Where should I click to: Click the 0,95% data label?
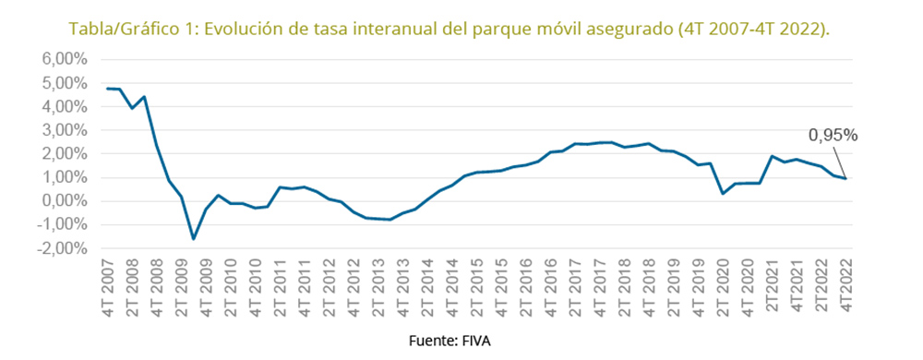pyautogui.click(x=833, y=136)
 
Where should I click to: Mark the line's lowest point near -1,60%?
pyautogui.click(x=193, y=239)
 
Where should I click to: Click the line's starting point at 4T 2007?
pyautogui.click(x=107, y=89)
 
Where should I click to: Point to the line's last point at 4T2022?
pyautogui.click(x=845, y=178)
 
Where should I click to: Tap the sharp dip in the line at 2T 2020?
pyautogui.click(x=722, y=193)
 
